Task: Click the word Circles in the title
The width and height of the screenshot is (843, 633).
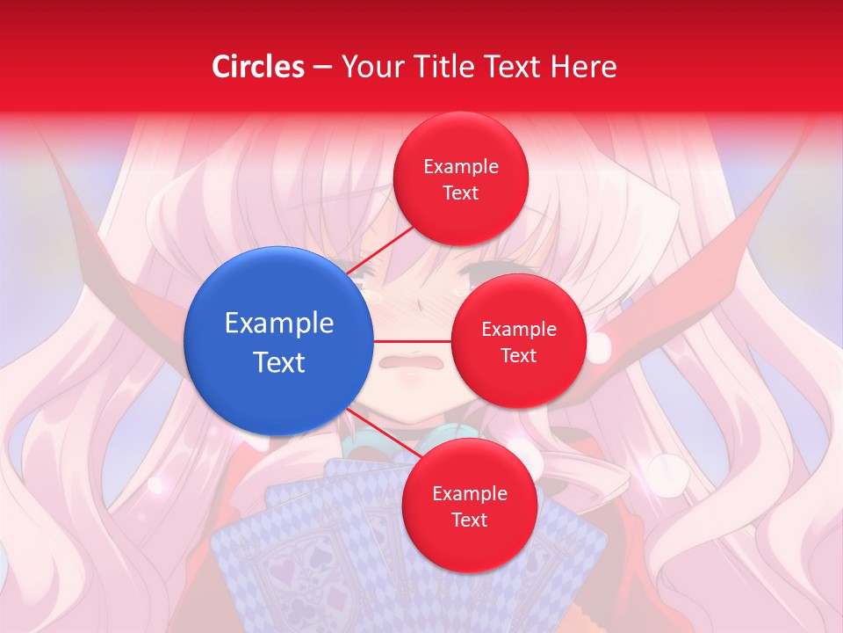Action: click(x=258, y=67)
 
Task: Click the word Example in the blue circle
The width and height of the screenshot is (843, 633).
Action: click(x=279, y=324)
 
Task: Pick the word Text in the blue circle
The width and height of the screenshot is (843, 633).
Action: click(x=279, y=362)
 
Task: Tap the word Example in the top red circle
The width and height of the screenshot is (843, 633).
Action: click(x=461, y=167)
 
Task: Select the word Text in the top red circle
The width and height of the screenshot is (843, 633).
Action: click(x=461, y=193)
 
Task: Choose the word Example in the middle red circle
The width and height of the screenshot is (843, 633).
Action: click(x=519, y=330)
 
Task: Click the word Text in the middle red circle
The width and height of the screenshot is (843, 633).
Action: click(x=519, y=356)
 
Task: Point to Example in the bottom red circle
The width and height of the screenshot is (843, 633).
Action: click(x=470, y=494)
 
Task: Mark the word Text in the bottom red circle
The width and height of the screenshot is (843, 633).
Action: click(x=470, y=520)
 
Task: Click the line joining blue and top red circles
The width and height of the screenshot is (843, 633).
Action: click(x=379, y=250)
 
